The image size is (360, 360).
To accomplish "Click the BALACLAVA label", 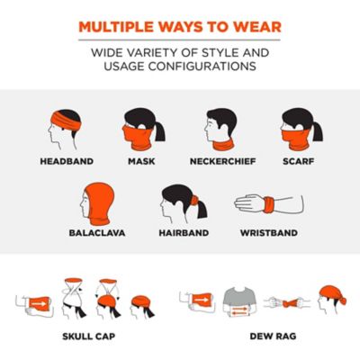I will [x=97, y=232].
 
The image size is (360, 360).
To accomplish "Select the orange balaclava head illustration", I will [x=96, y=200].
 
